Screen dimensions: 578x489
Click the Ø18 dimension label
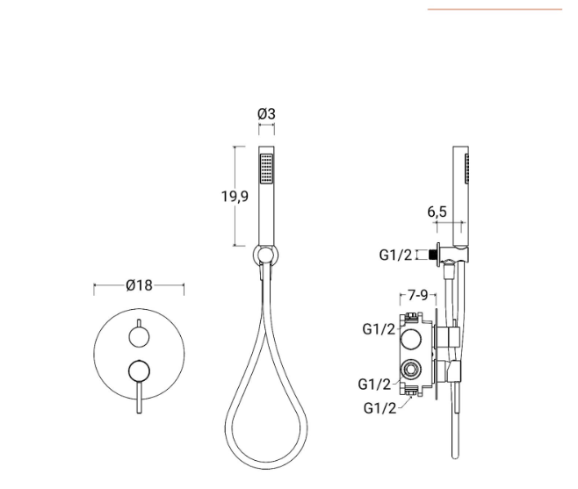point(139,285)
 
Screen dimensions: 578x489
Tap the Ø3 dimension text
point(266,114)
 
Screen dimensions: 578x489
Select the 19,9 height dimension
point(235,196)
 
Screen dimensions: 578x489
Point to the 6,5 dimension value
point(437,212)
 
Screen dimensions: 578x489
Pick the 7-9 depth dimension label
point(417,295)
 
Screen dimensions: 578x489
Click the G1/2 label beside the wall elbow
point(395,255)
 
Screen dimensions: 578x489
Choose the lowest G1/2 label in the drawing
point(379,408)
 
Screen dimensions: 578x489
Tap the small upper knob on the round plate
point(139,337)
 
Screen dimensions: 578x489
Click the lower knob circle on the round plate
point(139,370)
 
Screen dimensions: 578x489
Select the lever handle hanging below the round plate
point(139,397)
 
